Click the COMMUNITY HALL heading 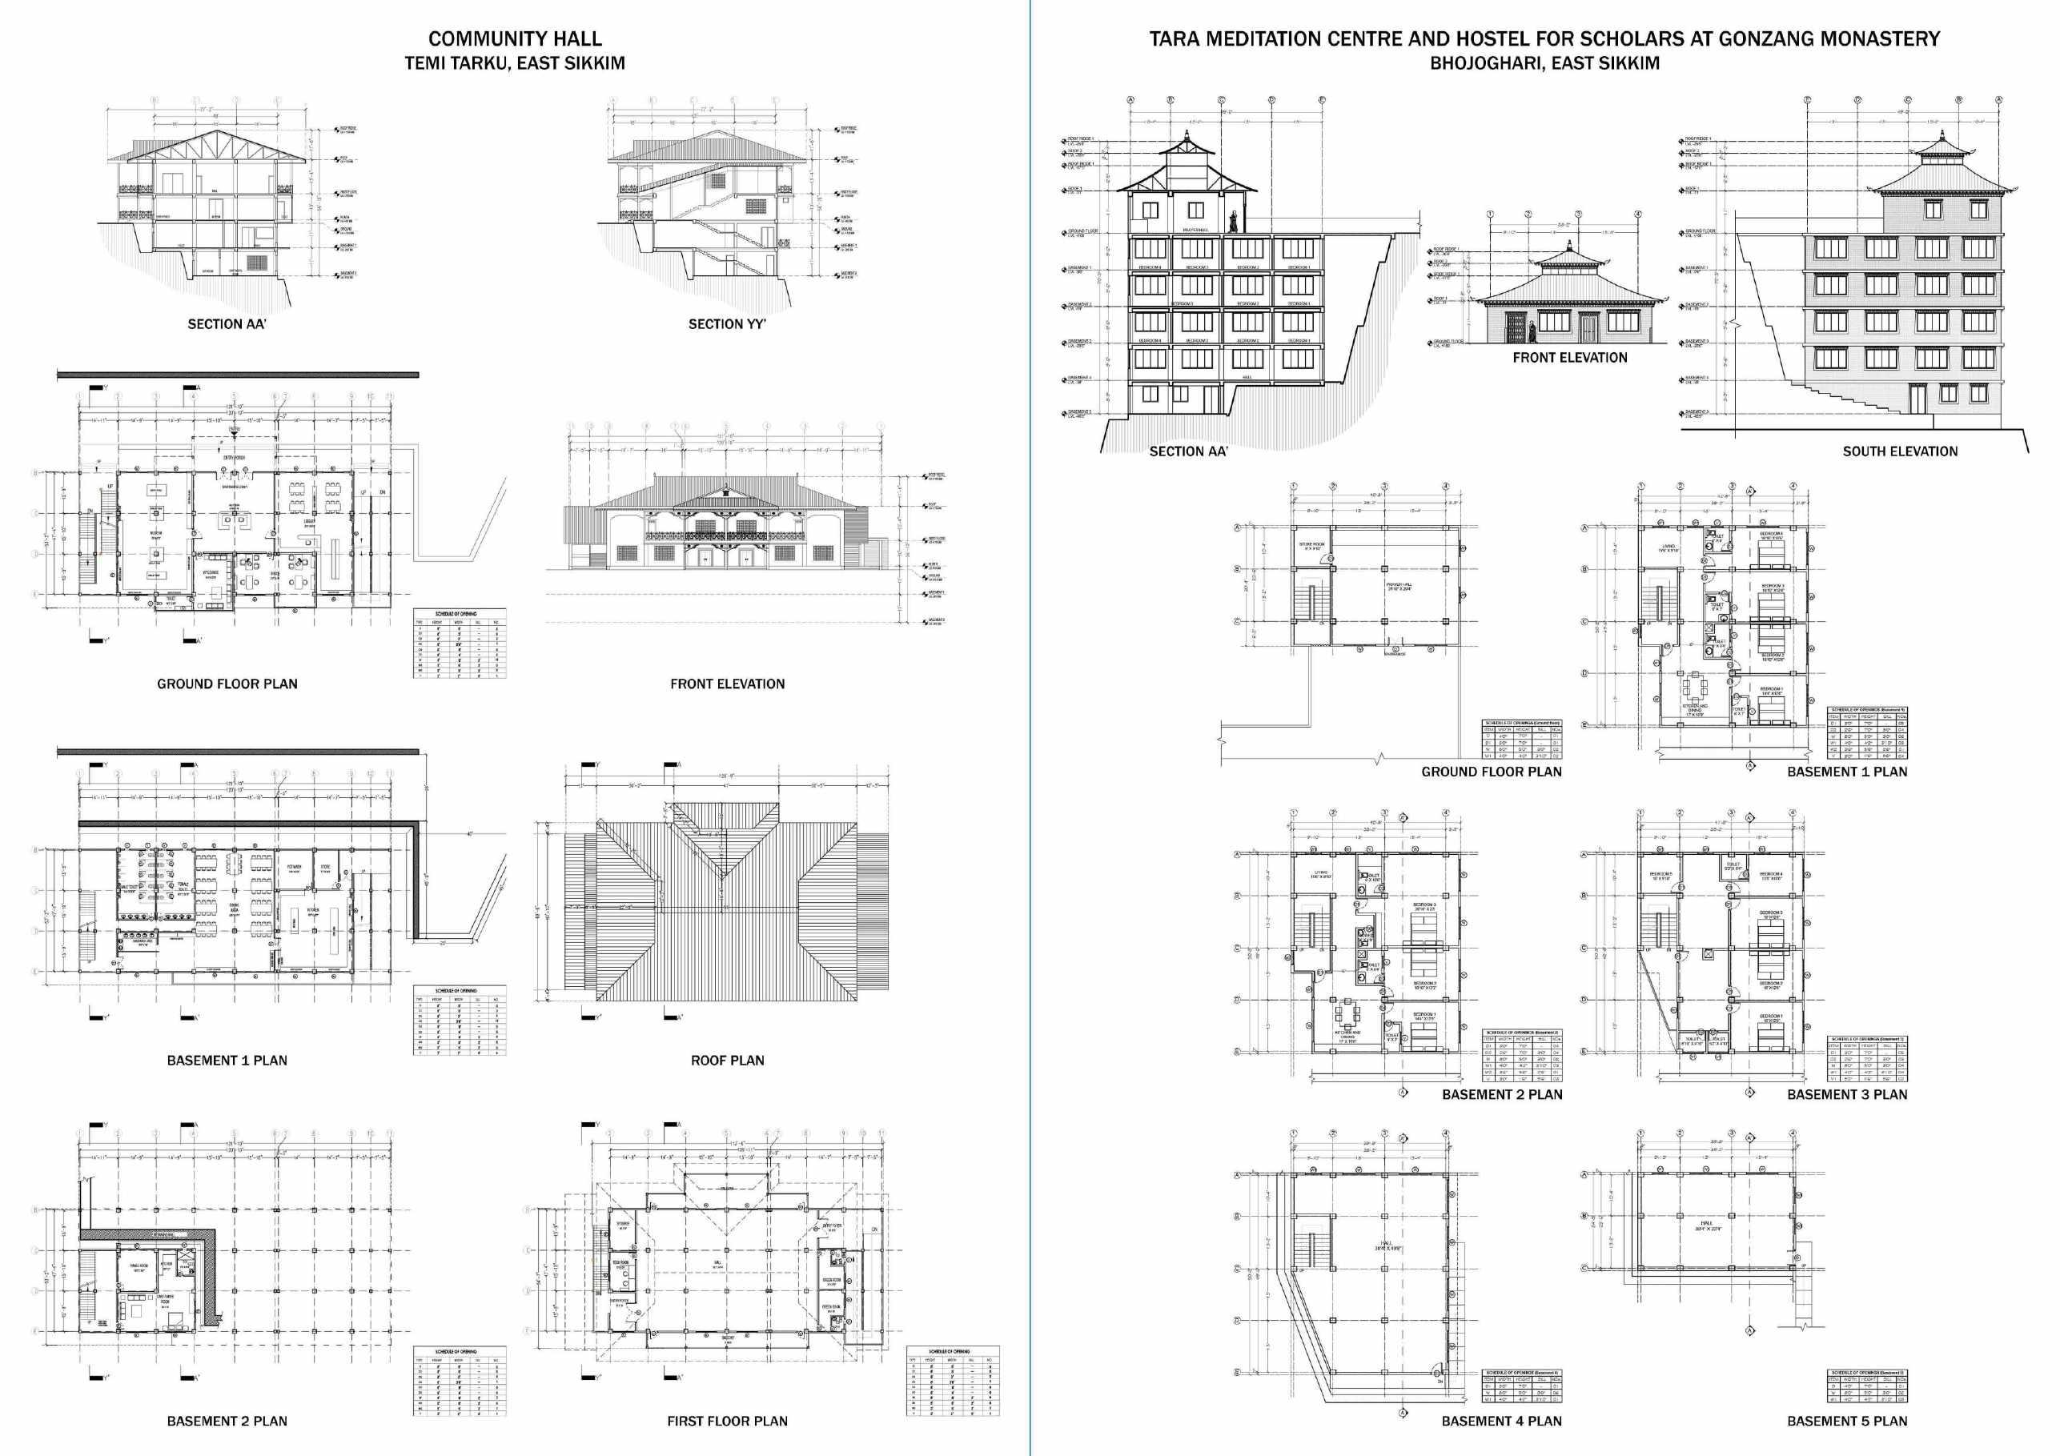coord(514,38)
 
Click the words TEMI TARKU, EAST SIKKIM coord(514,64)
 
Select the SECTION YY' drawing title coord(727,324)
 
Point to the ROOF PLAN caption coord(727,1061)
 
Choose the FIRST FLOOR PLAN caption coord(727,1421)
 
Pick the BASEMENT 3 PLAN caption coord(1846,1094)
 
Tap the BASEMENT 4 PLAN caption coord(1501,1421)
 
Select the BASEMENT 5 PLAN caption coord(1846,1421)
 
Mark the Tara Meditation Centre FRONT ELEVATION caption coord(1569,358)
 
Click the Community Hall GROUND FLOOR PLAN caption coord(227,684)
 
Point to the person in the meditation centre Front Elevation coord(1532,332)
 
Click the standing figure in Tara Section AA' coord(1235,221)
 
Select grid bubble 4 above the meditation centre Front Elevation coord(1637,215)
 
